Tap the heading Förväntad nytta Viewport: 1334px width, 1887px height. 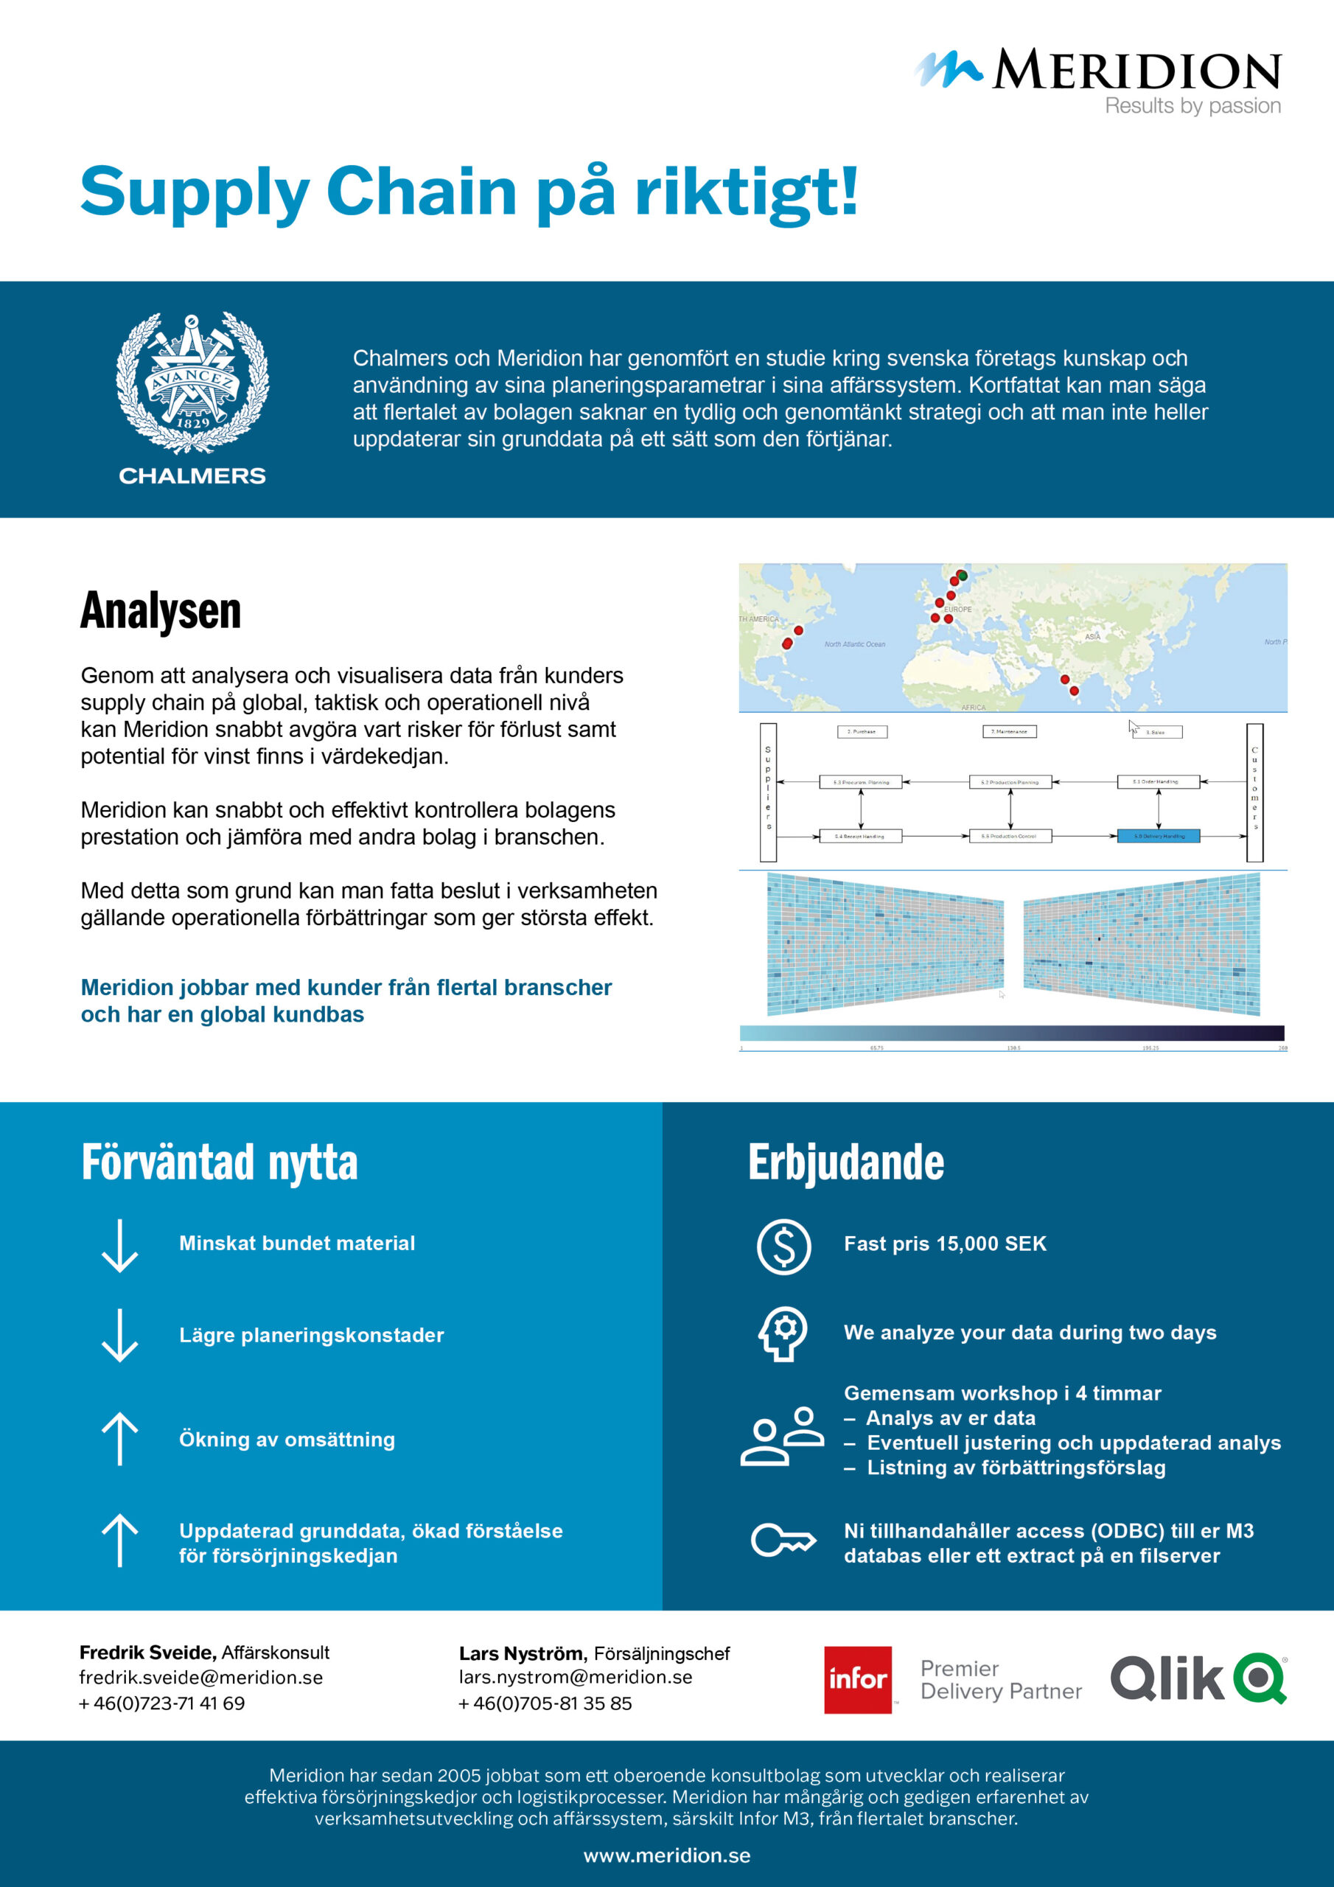[x=220, y=1162]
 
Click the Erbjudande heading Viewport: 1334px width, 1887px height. [x=846, y=1162]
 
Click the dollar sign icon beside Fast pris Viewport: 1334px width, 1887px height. [x=783, y=1246]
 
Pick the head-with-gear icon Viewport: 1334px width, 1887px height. [x=783, y=1333]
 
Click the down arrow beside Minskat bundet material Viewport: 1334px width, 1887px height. [x=120, y=1246]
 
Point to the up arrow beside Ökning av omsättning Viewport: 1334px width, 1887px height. [x=120, y=1438]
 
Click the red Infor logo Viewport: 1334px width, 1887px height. [x=857, y=1679]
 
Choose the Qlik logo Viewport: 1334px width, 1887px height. [x=1198, y=1678]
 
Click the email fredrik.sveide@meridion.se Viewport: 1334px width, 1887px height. [x=201, y=1678]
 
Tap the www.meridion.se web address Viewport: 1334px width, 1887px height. [x=666, y=1855]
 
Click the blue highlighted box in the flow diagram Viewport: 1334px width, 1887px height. [x=1158, y=836]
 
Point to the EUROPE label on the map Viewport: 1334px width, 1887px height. [x=957, y=609]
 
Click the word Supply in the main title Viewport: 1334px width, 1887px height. [x=194, y=192]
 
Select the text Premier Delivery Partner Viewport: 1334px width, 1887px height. [x=1000, y=1679]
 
